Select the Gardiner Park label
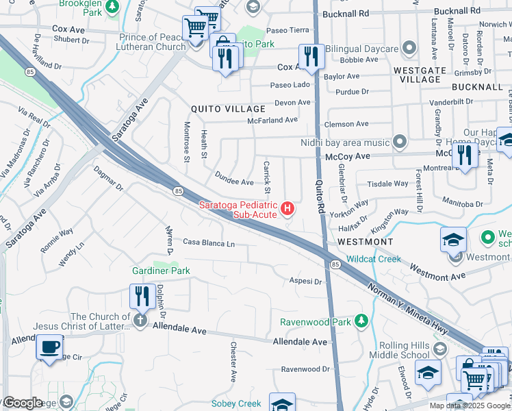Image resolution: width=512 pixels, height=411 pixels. pyautogui.click(x=161, y=271)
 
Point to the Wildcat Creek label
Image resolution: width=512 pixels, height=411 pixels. pyautogui.click(x=373, y=259)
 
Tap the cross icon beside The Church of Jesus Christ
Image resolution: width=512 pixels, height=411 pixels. pyautogui.click(x=140, y=321)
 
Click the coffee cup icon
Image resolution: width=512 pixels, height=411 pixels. pyautogui.click(x=50, y=347)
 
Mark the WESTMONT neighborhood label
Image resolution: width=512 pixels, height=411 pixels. pyautogui.click(x=365, y=242)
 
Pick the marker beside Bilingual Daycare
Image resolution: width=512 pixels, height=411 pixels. pyautogui.click(x=409, y=48)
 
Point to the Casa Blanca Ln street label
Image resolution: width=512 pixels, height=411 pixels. pyautogui.click(x=208, y=243)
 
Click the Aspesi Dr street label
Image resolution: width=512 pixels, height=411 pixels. pyautogui.click(x=305, y=281)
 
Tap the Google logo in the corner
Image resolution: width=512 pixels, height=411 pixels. pyautogui.click(x=23, y=403)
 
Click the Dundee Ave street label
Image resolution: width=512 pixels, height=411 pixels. pyautogui.click(x=235, y=182)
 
